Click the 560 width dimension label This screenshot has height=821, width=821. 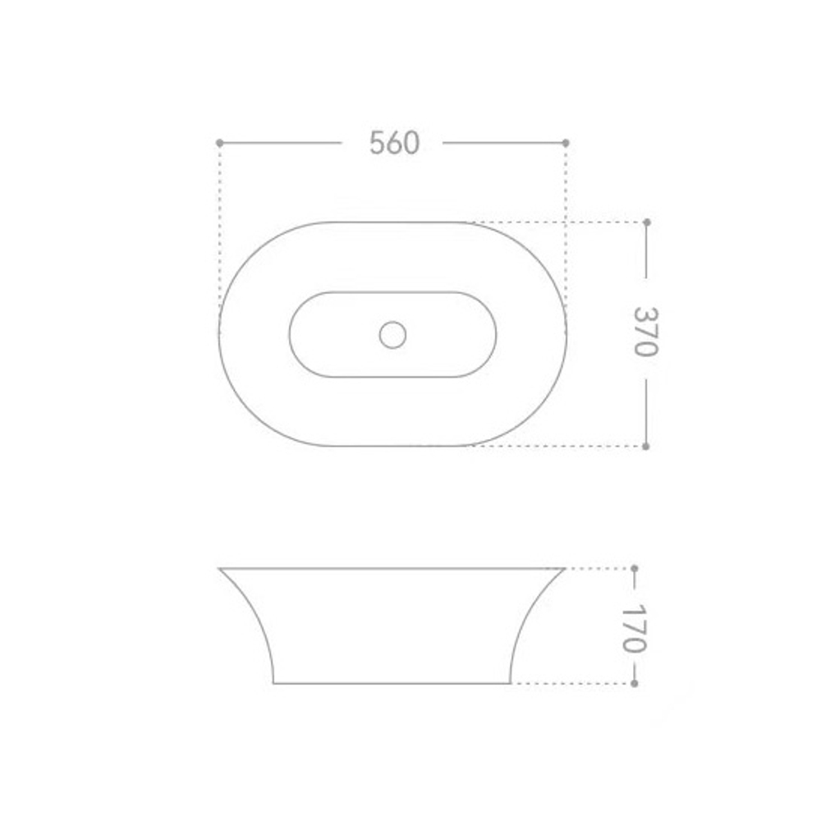pos(394,142)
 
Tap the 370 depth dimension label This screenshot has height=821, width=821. pos(645,332)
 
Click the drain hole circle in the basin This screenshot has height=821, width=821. pos(392,335)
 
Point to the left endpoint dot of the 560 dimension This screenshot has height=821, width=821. pos(219,142)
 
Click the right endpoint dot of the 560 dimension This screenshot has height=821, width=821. pos(566,142)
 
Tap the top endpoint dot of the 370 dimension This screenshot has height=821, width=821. pos(647,222)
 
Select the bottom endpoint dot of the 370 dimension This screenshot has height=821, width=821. pos(645,446)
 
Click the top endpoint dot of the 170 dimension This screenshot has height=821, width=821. pos(635,568)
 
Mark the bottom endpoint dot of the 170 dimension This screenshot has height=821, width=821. pos(635,683)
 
